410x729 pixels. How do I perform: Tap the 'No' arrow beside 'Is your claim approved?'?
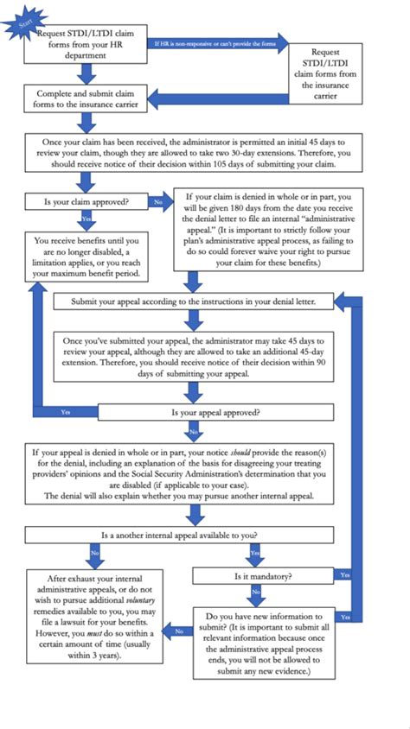click(x=158, y=202)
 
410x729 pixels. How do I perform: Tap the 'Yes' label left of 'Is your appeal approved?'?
click(x=67, y=413)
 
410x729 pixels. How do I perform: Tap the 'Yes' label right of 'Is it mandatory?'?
click(x=345, y=574)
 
